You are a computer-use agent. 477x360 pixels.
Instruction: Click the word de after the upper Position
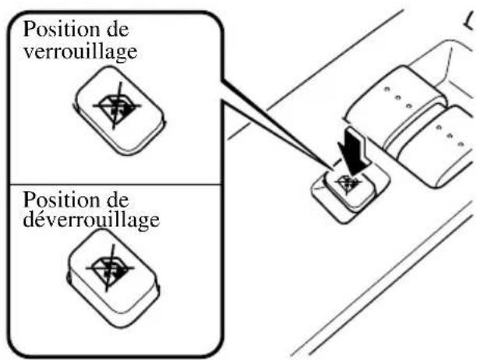tap(115, 30)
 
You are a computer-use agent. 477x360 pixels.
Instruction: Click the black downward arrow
tap(356, 147)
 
